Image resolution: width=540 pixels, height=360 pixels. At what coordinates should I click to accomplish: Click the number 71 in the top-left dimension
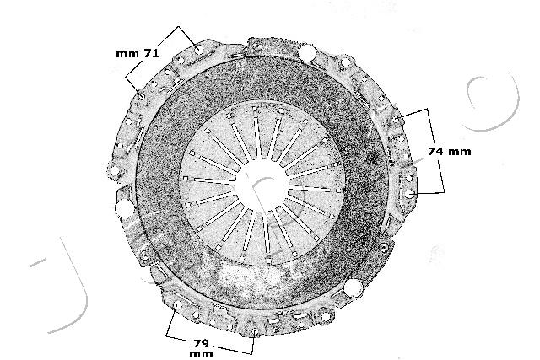pyautogui.click(x=151, y=53)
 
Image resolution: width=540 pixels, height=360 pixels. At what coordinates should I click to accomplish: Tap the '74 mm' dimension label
pyautogui.click(x=449, y=152)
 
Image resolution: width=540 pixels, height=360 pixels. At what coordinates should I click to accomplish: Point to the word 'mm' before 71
pyautogui.click(x=127, y=53)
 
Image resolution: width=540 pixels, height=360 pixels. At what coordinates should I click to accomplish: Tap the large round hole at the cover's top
pyautogui.click(x=307, y=55)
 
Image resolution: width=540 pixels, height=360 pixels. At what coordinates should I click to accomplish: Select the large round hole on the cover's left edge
pyautogui.click(x=124, y=208)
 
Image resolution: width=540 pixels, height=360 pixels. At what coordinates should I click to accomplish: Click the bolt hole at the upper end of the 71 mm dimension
pyautogui.click(x=195, y=48)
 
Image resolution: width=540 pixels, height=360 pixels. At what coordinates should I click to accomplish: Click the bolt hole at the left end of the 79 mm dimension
pyautogui.click(x=175, y=306)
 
